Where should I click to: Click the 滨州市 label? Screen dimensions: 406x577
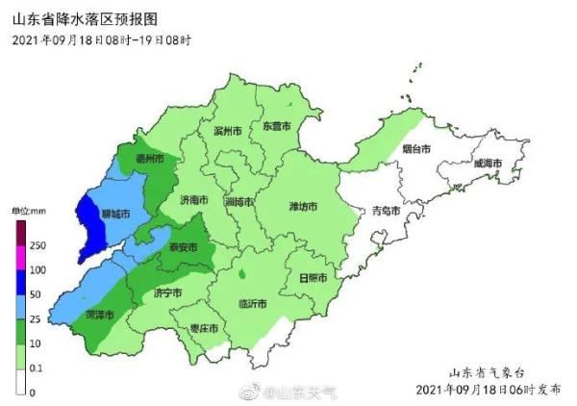pyautogui.click(x=224, y=131)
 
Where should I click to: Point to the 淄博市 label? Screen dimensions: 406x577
pyautogui.click(x=239, y=203)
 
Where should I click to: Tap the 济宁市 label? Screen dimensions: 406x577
pyautogui.click(x=168, y=293)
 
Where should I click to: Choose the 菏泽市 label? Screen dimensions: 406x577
pyautogui.click(x=99, y=315)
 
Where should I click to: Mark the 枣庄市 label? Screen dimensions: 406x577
pyautogui.click(x=203, y=329)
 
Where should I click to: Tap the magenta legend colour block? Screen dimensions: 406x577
pyautogui.click(x=21, y=257)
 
